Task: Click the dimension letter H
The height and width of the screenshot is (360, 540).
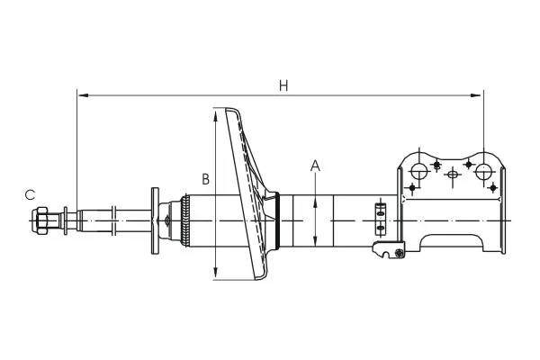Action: [283, 85]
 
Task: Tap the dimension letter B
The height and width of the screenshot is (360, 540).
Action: [205, 179]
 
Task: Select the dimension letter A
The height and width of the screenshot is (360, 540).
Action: [315, 166]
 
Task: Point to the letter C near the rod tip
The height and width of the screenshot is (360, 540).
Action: [30, 194]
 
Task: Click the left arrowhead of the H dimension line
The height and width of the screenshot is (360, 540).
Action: [83, 95]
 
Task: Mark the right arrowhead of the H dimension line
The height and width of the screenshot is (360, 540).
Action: [475, 95]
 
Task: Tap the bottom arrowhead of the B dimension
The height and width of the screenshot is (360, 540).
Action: [215, 272]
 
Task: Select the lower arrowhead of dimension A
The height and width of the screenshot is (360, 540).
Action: [315, 239]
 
